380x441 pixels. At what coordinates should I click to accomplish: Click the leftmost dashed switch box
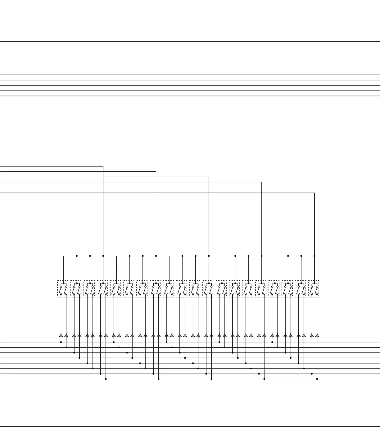click(62, 289)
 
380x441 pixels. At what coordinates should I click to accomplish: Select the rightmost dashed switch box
click(314, 289)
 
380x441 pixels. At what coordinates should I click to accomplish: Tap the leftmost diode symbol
click(61, 335)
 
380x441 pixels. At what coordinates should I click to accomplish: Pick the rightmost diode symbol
click(317, 335)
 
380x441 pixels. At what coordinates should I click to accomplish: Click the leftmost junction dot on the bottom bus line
click(106, 379)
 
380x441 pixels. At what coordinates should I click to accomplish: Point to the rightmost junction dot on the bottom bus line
click(317, 379)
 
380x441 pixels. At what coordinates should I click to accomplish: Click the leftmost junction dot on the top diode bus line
click(61, 342)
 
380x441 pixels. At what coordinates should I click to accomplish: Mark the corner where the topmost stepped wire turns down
click(103, 166)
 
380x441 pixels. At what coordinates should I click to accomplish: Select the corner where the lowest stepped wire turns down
click(314, 193)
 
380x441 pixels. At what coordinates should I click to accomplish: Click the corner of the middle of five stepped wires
click(209, 177)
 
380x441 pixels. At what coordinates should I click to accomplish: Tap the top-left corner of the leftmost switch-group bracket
click(64, 256)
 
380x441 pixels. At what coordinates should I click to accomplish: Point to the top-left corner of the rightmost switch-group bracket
click(275, 256)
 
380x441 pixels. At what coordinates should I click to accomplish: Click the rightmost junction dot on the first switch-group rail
click(103, 256)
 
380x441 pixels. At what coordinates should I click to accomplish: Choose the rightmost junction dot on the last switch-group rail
click(314, 256)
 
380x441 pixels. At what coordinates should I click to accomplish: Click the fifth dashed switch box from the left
click(115, 289)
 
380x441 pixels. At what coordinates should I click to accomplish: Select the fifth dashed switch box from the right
click(261, 289)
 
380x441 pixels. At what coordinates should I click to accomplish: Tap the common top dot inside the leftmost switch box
click(64, 283)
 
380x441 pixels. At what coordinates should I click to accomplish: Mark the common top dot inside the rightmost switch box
click(314, 283)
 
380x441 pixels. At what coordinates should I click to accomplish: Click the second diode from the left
click(66, 335)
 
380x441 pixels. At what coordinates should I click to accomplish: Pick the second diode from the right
click(312, 335)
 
